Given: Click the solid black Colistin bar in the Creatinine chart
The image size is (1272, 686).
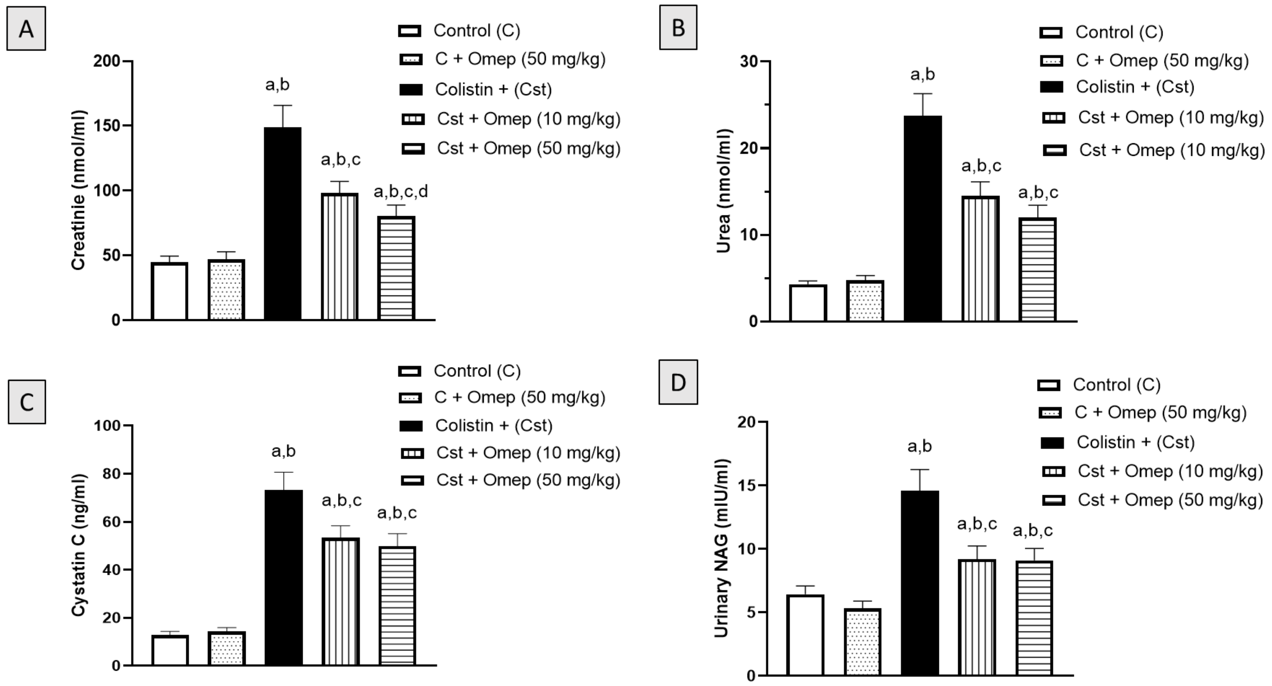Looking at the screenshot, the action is click(x=283, y=224).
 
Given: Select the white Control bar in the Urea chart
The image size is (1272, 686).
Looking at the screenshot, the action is click(x=808, y=303).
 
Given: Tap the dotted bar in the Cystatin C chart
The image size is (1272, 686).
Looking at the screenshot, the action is click(x=227, y=649).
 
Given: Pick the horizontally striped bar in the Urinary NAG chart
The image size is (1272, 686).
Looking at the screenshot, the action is click(x=1034, y=618).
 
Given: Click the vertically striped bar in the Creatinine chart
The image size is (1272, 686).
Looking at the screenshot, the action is click(x=340, y=257).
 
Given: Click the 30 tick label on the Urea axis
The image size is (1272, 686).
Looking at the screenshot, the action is click(x=749, y=61).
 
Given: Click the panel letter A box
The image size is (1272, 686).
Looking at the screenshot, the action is click(x=26, y=29).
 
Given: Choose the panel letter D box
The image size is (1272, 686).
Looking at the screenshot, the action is click(x=679, y=382).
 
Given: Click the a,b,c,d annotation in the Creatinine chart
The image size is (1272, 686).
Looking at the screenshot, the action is click(x=400, y=192).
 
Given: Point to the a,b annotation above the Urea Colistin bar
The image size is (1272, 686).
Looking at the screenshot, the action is click(x=922, y=75).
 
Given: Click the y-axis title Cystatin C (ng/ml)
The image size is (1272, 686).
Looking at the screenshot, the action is click(x=79, y=545).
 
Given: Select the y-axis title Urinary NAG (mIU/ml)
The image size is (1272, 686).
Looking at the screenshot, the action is click(x=721, y=548).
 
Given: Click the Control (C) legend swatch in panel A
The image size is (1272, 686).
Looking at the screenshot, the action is click(x=410, y=31).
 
